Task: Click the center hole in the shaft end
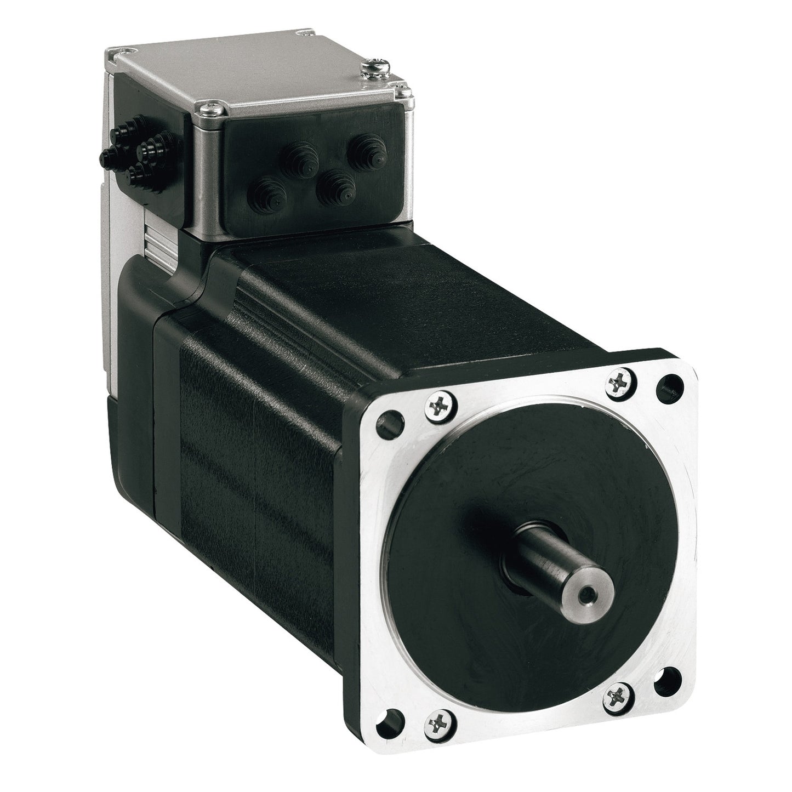(589, 577)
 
